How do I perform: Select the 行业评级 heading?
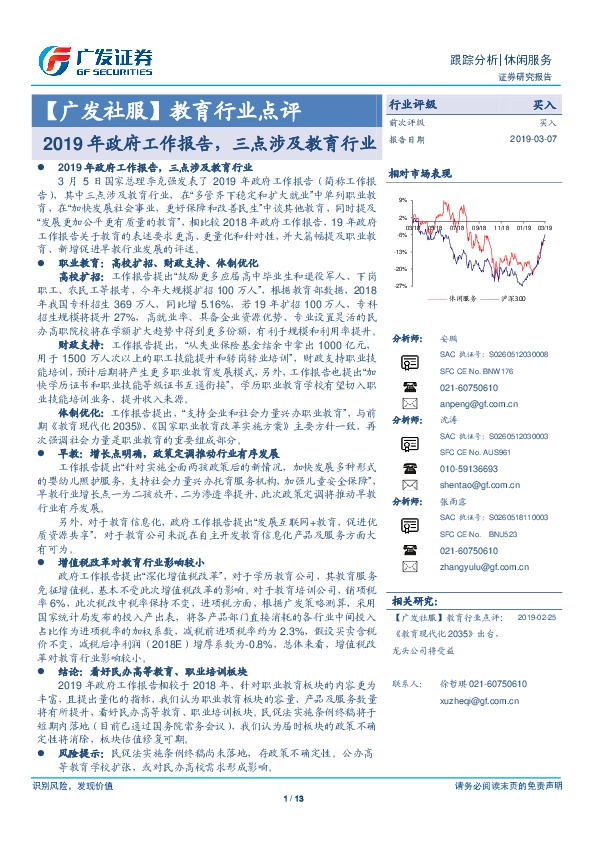pyautogui.click(x=413, y=104)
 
